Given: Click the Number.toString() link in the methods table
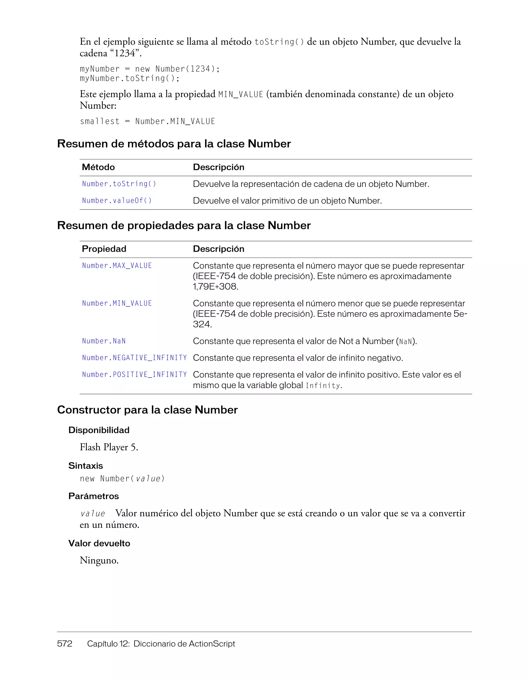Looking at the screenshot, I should [119, 184].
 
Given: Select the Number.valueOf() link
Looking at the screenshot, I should [117, 201].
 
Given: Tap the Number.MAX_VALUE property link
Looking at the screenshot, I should [117, 266].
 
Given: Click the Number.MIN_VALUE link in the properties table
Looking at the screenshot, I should [117, 303].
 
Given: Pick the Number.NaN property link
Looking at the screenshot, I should [104, 341].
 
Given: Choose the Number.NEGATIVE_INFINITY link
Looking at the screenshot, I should [134, 358].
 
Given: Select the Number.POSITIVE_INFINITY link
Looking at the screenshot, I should [134, 375].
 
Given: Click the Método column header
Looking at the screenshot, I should [98, 167].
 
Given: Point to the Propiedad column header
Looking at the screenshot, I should [104, 249].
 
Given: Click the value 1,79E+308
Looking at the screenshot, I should [215, 287].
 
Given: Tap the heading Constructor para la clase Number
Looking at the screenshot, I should [147, 410].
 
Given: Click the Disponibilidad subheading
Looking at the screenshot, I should [99, 430].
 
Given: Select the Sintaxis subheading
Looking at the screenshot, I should [85, 466].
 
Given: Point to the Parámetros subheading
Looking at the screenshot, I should [94, 496].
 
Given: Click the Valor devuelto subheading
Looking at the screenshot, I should [99, 543].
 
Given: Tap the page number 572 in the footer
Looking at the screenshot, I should [65, 644].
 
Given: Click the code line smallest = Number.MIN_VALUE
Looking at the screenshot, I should [147, 121].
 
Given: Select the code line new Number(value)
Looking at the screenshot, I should [122, 479].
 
